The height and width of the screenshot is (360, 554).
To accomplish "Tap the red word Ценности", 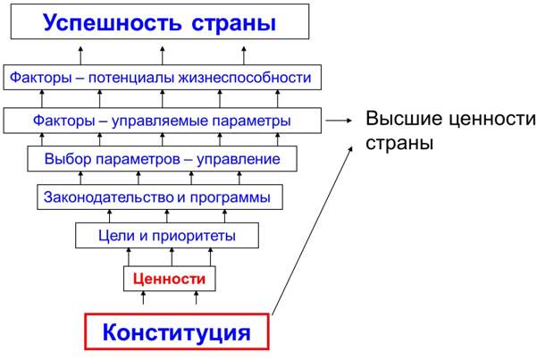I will [x=169, y=280].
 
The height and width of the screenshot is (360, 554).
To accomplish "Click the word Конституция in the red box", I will [x=176, y=333].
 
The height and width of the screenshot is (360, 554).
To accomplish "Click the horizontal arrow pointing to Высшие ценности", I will [x=339, y=120].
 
